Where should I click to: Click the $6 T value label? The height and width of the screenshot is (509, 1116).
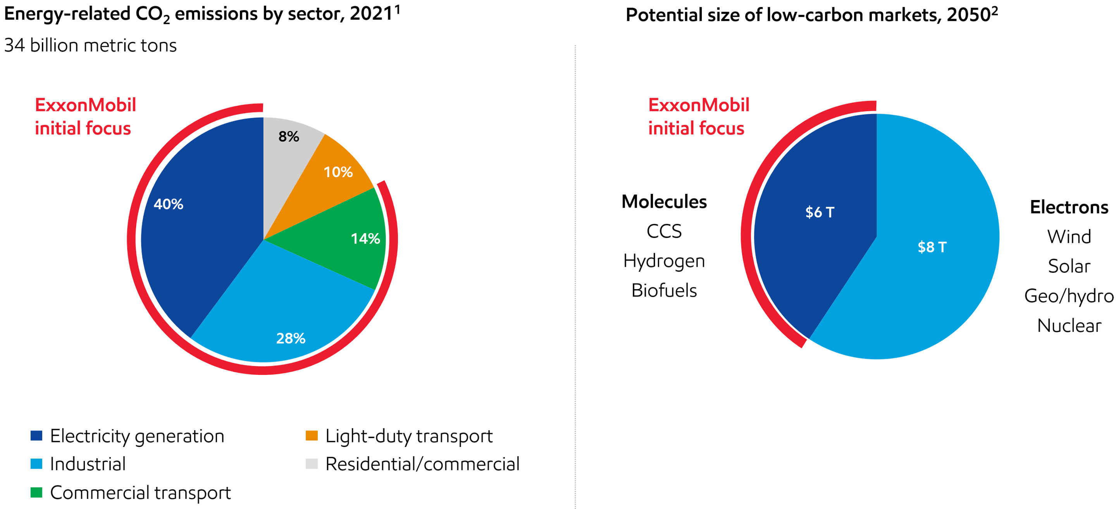click(820, 212)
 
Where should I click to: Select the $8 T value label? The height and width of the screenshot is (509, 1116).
click(932, 247)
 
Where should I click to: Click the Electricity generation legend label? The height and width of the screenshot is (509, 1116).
click(137, 437)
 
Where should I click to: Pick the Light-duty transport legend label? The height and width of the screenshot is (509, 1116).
click(410, 437)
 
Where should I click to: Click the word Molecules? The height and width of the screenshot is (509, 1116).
click(665, 202)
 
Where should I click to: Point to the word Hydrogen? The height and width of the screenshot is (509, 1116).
click(664, 261)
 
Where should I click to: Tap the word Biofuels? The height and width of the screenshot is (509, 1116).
click(665, 290)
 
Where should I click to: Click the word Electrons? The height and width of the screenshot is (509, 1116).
click(1069, 207)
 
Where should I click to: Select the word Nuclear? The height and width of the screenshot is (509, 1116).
click(1069, 326)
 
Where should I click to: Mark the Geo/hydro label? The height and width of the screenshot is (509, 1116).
click(1069, 296)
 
